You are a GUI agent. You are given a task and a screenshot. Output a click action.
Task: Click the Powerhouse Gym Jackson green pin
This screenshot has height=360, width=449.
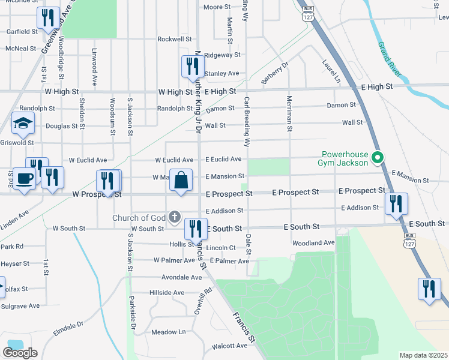[x=378, y=158]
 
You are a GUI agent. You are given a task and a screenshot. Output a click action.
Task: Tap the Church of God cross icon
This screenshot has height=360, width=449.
[x=175, y=217]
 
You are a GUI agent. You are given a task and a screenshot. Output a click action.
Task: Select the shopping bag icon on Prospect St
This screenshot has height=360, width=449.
[x=181, y=179]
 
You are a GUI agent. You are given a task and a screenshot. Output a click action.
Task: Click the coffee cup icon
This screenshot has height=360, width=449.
[x=24, y=179]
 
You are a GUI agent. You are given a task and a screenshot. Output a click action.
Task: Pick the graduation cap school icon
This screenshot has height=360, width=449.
[x=23, y=124]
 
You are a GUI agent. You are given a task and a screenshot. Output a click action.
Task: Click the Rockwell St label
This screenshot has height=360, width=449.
[x=174, y=39]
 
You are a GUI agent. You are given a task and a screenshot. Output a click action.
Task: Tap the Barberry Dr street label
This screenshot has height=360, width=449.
[x=275, y=73]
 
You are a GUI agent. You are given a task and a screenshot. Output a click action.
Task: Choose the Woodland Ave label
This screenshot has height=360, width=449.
[x=313, y=243]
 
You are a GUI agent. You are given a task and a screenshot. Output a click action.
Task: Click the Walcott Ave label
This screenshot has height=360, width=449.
[x=229, y=346]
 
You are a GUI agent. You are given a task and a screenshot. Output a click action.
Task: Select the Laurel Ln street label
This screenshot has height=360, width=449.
[x=331, y=71]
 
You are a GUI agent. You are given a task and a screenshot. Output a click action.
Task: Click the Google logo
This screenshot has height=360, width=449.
[x=20, y=353]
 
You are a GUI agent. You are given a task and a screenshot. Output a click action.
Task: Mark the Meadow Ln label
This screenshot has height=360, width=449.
[x=169, y=332]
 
